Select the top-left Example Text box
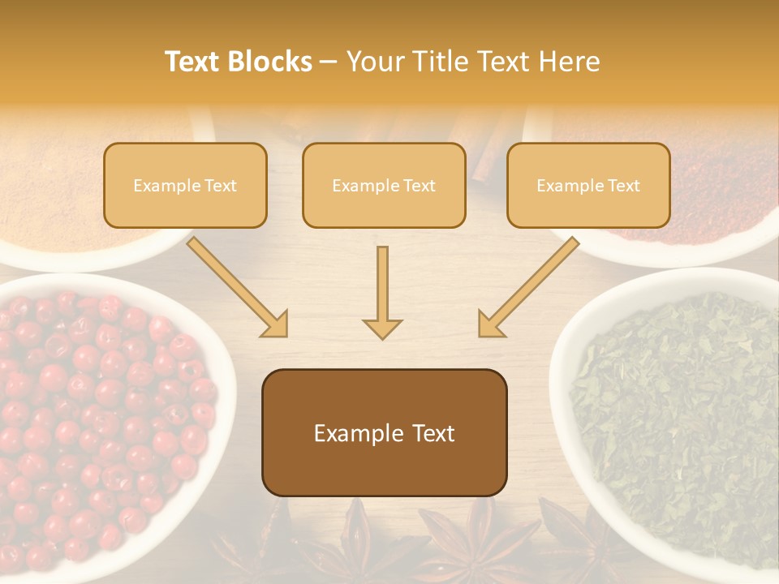click(185, 185)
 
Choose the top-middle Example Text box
click(384, 185)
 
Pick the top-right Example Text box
click(588, 185)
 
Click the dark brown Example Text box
click(384, 432)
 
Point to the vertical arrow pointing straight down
click(382, 292)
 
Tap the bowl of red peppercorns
click(97, 422)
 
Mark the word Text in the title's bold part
click(193, 62)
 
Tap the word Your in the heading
click(373, 62)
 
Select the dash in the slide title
click(329, 62)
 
